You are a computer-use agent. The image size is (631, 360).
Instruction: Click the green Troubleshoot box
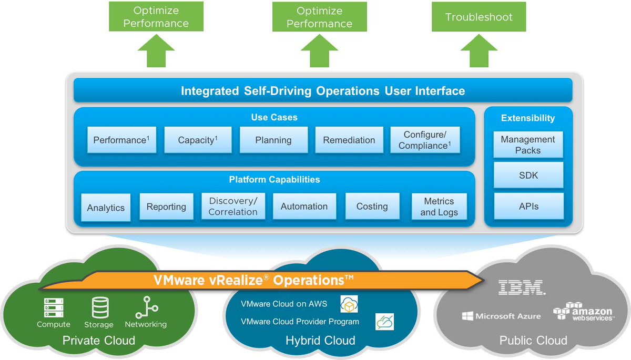click(479, 17)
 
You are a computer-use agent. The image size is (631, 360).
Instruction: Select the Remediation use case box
click(349, 140)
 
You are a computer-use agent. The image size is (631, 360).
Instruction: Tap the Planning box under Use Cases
click(273, 140)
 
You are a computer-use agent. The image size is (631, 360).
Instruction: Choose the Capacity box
click(198, 140)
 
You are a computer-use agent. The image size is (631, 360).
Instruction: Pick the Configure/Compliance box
click(425, 140)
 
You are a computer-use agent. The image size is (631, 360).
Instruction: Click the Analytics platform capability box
click(106, 208)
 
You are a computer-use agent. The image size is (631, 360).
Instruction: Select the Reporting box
click(166, 207)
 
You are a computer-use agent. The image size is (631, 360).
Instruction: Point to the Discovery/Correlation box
click(233, 207)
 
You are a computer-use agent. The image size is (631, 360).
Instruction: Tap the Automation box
click(304, 207)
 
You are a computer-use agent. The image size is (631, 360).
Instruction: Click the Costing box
click(372, 207)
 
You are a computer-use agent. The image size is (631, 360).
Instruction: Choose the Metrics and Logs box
click(439, 207)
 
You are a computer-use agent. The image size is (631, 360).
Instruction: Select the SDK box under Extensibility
click(528, 176)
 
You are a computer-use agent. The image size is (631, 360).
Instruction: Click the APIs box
click(528, 207)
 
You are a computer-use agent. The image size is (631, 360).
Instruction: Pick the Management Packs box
click(528, 145)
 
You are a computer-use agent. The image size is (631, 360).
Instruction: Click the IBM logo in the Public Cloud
click(521, 287)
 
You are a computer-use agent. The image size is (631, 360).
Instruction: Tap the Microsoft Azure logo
click(501, 316)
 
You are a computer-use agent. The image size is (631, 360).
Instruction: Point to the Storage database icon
click(99, 307)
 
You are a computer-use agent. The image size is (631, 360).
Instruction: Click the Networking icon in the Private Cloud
click(146, 307)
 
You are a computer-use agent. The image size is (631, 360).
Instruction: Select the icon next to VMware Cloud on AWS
click(349, 304)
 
